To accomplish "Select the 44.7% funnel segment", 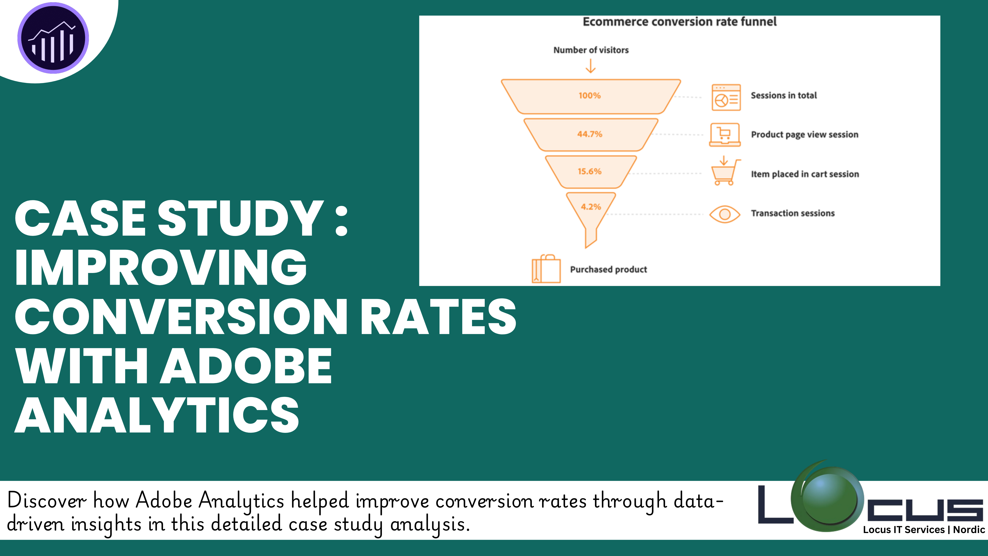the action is tap(591, 134).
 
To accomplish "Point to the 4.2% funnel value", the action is tap(591, 207).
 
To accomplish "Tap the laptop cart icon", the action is tap(725, 135).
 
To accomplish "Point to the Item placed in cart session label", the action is tap(805, 174).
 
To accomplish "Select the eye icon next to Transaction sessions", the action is tap(725, 214).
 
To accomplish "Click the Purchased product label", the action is tap(608, 269).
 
